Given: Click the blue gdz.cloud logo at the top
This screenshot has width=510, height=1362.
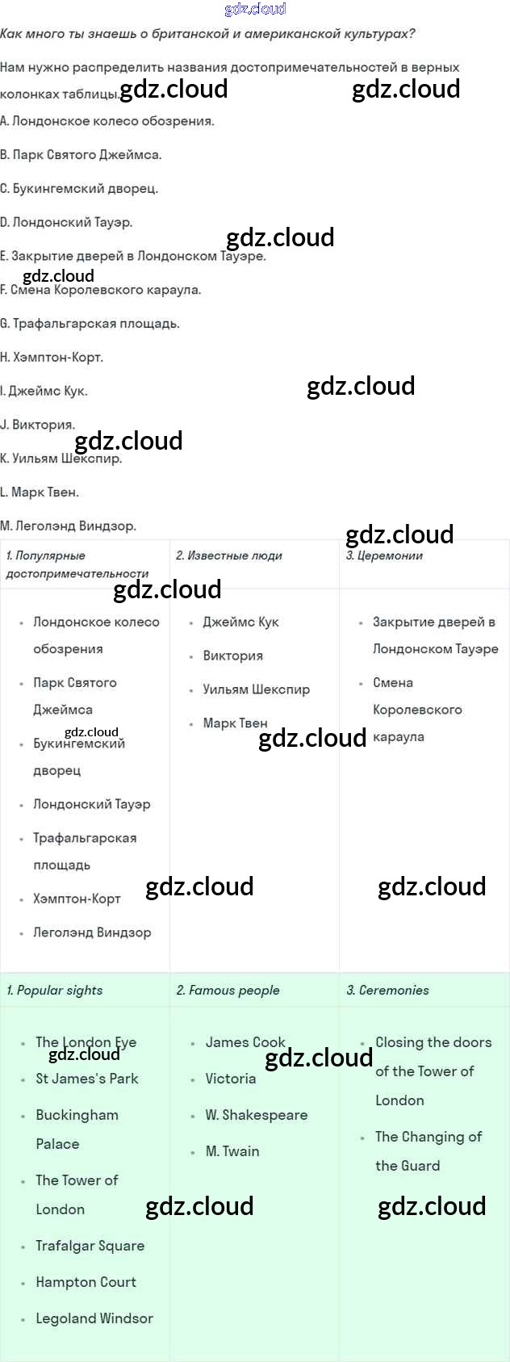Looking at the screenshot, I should [255, 9].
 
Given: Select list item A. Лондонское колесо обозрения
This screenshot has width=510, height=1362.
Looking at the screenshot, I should [107, 121].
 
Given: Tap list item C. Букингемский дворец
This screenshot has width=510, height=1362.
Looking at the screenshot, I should [79, 188].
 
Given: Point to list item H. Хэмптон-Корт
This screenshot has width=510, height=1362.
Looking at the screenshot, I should [52, 357].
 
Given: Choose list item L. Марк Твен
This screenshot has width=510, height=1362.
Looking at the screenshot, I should [40, 492].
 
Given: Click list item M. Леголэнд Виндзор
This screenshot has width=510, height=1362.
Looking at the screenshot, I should [69, 526].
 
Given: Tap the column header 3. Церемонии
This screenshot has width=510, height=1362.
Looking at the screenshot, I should [384, 555].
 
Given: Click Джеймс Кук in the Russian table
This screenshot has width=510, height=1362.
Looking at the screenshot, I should [240, 622].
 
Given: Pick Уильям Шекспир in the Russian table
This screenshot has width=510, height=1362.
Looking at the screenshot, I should [256, 689].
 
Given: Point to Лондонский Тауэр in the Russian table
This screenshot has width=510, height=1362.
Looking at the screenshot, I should [91, 804].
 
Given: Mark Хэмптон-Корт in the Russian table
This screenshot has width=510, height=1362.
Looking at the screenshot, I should [77, 899].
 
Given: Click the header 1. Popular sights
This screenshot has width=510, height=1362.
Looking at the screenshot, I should [55, 990].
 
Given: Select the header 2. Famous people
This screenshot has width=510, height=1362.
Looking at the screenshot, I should [228, 990].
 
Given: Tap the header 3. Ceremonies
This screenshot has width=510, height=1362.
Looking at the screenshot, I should [388, 990].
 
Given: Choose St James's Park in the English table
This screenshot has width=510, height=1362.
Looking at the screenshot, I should [87, 1079].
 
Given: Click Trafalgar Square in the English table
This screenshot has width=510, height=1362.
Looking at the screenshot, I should [90, 1246].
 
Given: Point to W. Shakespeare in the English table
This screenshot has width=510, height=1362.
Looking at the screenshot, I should [257, 1115].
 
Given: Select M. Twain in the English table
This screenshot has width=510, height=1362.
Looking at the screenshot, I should [232, 1151].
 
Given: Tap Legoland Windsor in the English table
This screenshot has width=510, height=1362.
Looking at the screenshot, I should [94, 1318].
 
